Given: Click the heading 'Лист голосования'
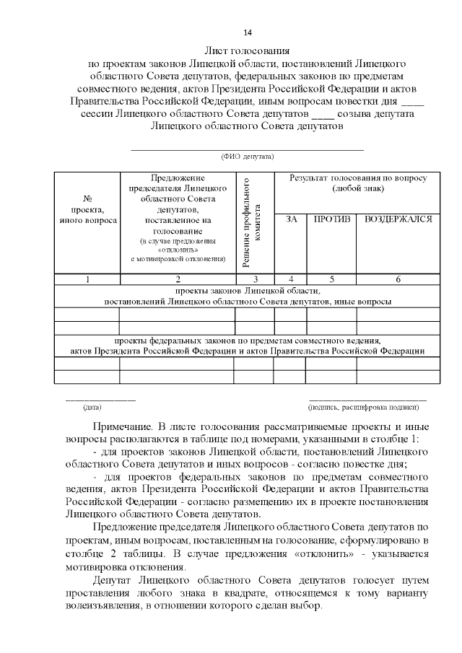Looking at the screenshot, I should [x=247, y=51].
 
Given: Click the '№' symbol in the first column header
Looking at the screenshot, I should [x=87, y=198].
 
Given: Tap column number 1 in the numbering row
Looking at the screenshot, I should [x=87, y=279].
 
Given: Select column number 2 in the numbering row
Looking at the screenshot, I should [x=177, y=279].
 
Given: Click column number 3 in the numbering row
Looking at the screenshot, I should [x=254, y=279].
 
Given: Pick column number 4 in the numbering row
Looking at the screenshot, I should [x=291, y=279].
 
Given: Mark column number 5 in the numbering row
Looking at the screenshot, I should [x=331, y=279].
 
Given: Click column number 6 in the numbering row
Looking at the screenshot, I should [x=398, y=279].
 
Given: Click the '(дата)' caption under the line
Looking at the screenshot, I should [x=92, y=408].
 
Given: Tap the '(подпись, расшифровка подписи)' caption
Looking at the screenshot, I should [x=367, y=408].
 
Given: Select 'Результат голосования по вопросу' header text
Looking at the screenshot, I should [x=358, y=178].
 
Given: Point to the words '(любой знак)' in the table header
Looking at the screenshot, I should [x=358, y=188].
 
